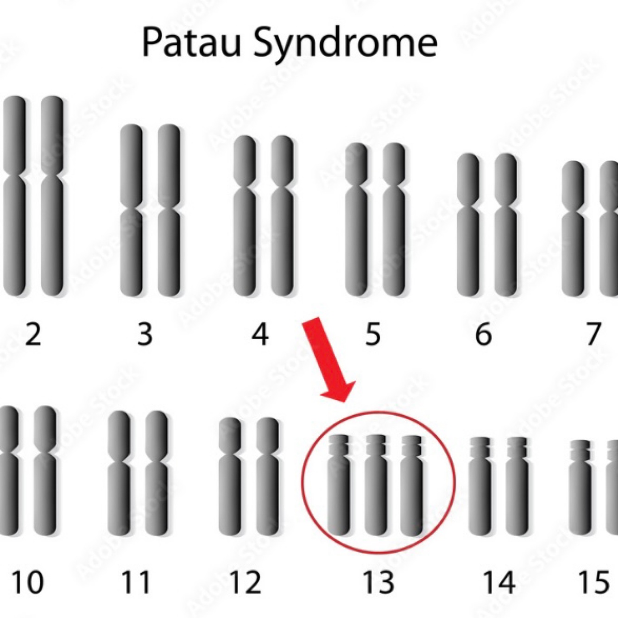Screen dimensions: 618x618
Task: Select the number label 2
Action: coord(33,334)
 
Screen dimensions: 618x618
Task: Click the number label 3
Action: coord(145,334)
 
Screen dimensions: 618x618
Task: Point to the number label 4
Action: coord(260,334)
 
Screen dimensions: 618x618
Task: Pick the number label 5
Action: coord(373,334)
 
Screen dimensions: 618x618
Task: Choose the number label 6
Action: coord(483,334)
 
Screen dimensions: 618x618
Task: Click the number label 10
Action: coord(28,582)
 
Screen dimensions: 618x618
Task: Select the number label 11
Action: coord(136,582)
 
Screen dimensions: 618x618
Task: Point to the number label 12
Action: coord(246,582)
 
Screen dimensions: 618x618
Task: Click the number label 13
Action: coord(378,582)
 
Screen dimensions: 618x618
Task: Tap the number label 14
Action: coord(499,582)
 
